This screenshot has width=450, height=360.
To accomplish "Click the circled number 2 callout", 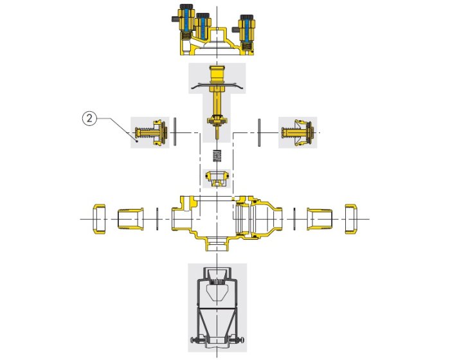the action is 89,118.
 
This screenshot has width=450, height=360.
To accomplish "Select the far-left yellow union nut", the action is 99,219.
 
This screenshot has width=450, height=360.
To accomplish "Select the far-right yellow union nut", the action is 351,219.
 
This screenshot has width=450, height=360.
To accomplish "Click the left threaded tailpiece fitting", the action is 130,219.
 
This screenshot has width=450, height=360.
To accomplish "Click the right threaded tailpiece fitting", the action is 319,219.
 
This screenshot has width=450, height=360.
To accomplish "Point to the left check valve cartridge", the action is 150,132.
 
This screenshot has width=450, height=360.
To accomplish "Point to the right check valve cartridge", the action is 297,132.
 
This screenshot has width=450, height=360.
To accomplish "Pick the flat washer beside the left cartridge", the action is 175,132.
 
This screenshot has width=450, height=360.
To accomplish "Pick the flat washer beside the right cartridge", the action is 259,132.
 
